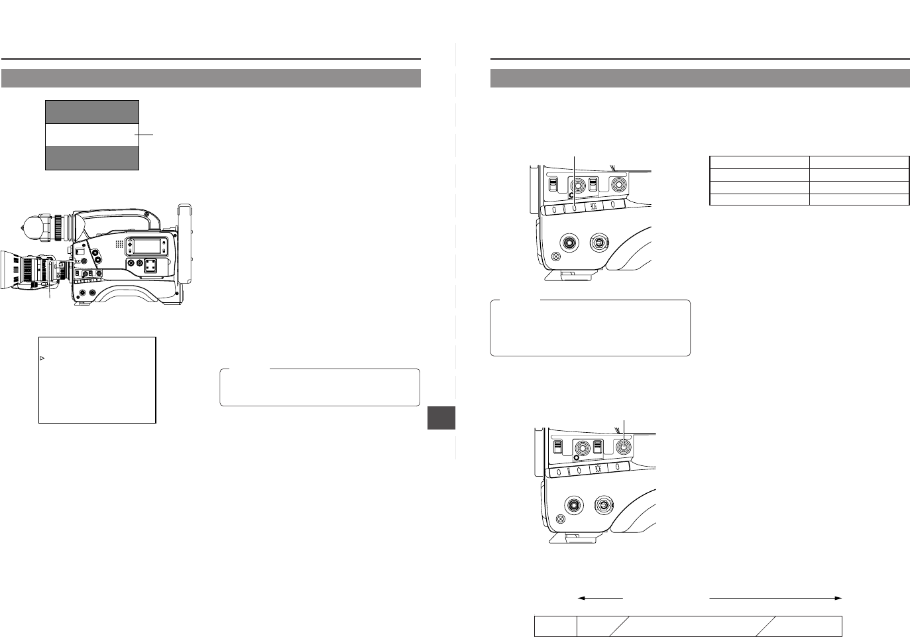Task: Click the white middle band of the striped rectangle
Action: pyautogui.click(x=91, y=135)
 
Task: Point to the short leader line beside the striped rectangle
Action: pyautogui.click(x=146, y=135)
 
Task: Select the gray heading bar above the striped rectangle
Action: pyautogui.click(x=211, y=78)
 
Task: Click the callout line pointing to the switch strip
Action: pyautogui.click(x=575, y=179)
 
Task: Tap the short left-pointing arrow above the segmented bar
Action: pyautogui.click(x=600, y=598)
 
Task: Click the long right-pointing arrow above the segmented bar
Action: pyautogui.click(x=775, y=598)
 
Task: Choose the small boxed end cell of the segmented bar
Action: pyautogui.click(x=555, y=626)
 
